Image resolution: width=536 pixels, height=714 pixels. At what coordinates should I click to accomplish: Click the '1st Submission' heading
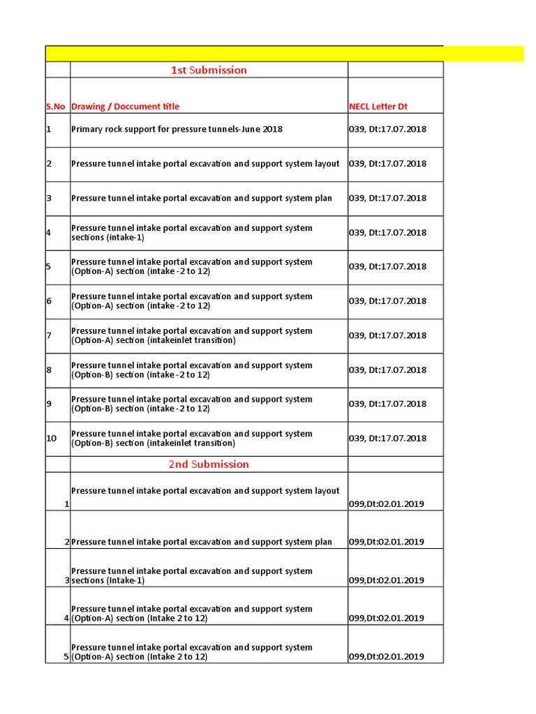click(x=209, y=70)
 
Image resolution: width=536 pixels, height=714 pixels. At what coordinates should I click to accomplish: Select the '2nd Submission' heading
click(x=209, y=464)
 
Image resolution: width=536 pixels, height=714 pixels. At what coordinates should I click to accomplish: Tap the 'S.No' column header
click(x=56, y=107)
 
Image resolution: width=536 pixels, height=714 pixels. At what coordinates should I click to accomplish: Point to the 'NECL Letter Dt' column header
click(x=378, y=107)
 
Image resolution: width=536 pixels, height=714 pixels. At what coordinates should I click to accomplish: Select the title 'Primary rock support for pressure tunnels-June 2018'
click(x=177, y=129)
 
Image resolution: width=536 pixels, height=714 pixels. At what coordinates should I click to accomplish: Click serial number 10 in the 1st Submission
click(x=52, y=438)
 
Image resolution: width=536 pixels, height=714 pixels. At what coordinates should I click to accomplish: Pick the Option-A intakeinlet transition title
click(x=191, y=335)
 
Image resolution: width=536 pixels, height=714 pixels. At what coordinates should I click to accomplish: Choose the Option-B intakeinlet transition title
click(x=191, y=438)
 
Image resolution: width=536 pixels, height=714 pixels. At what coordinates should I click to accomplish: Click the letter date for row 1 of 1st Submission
click(x=387, y=129)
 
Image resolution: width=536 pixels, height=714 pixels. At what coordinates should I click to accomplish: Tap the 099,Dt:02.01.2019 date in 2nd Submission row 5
click(x=386, y=656)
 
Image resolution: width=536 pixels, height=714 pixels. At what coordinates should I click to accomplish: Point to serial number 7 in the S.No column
click(x=50, y=335)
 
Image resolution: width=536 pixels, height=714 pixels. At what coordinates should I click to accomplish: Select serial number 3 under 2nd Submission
click(x=66, y=580)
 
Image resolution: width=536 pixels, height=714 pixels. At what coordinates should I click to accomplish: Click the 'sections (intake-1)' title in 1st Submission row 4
click(x=191, y=233)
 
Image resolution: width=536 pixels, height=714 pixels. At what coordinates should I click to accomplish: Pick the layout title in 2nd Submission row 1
click(x=205, y=491)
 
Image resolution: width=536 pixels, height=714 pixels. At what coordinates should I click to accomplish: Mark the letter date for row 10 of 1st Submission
click(x=387, y=438)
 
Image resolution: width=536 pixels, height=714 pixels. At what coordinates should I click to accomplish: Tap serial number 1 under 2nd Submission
click(x=66, y=503)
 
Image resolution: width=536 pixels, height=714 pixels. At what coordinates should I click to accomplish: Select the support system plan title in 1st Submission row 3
click(x=202, y=198)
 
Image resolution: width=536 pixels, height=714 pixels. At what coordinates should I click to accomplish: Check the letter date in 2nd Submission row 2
click(x=386, y=542)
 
